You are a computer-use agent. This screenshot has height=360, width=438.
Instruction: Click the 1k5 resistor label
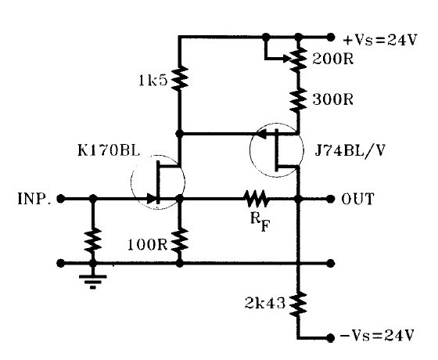point(153,81)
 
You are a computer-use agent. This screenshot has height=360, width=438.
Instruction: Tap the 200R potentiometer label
point(332,59)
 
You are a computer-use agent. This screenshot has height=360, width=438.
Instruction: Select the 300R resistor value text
point(332,99)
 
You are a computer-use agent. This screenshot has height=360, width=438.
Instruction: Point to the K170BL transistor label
point(109,150)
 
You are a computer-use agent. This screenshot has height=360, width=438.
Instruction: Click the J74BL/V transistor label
point(350,150)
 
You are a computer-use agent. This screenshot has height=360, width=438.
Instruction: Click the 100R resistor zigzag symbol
point(180,239)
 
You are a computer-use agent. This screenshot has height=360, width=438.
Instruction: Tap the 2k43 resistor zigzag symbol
point(298,304)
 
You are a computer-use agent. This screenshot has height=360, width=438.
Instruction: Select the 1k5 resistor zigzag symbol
point(180,78)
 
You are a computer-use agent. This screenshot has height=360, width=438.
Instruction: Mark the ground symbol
point(93,281)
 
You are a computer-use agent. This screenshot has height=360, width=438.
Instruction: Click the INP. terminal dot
point(60,199)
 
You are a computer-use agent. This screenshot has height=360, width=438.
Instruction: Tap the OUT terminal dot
point(330,199)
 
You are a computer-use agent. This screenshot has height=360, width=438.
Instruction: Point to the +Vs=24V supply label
point(380,40)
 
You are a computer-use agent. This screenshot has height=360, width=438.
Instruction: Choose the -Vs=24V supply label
point(376,335)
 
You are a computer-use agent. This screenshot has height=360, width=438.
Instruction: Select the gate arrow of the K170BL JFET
point(151,199)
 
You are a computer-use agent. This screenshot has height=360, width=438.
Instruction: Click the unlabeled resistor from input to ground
point(93,239)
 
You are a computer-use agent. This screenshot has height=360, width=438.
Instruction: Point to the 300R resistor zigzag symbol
point(298,100)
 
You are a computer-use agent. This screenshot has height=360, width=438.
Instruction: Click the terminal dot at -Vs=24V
point(330,337)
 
